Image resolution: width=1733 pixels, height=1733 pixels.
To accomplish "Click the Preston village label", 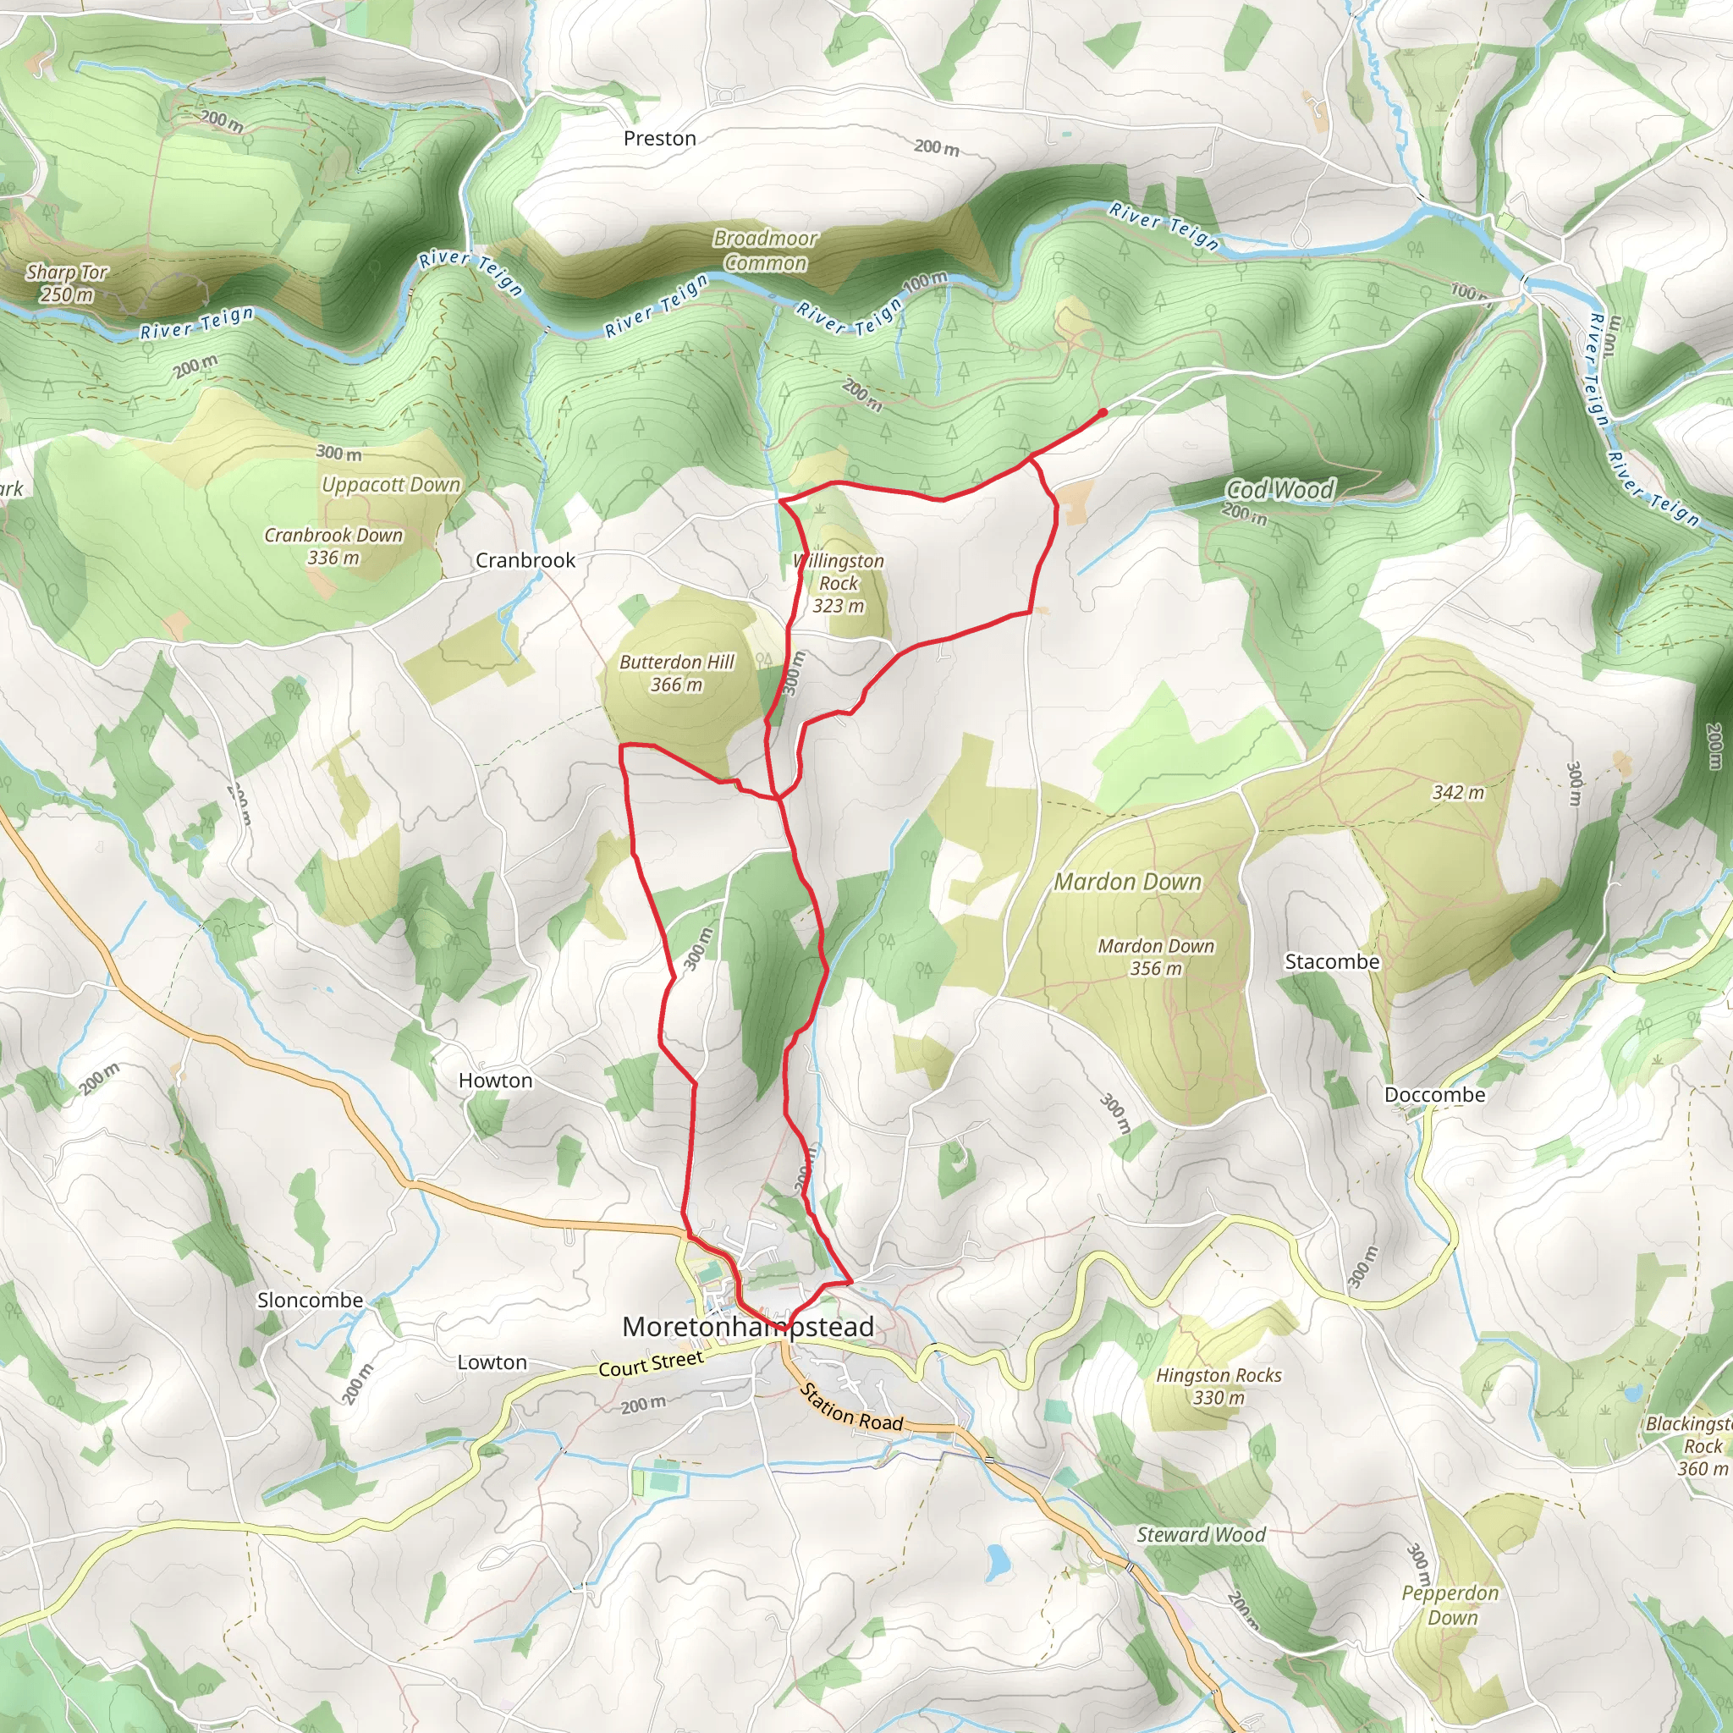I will click(659, 138).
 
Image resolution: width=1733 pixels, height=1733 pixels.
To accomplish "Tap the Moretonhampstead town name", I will click(747, 1327).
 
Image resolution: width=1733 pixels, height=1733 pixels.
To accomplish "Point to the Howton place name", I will click(495, 1080).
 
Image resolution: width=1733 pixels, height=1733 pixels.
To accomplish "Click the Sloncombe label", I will click(311, 1300).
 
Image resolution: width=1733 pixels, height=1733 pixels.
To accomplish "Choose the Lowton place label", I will click(492, 1362).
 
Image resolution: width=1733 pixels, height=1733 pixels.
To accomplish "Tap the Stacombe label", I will click(1331, 961).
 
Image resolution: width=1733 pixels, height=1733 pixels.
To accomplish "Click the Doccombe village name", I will click(1434, 1094).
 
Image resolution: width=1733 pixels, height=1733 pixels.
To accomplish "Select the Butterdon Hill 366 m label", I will click(676, 673).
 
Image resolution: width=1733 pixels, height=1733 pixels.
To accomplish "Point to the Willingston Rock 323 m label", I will click(839, 583).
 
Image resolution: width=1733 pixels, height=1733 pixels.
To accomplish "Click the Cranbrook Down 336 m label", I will click(333, 546).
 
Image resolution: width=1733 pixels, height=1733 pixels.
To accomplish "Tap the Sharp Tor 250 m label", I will click(66, 283).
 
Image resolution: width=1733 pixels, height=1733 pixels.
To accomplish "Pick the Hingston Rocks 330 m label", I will click(1219, 1386).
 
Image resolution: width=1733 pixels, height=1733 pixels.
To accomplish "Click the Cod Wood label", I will click(1280, 490).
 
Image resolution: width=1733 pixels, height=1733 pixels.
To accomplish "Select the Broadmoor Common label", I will click(765, 250).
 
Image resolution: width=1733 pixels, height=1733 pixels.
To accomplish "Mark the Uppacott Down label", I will click(391, 484).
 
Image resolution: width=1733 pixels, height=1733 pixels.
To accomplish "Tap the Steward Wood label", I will click(1200, 1535).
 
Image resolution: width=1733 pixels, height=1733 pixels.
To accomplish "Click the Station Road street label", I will click(850, 1406).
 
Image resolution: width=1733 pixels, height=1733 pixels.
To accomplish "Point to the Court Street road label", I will click(651, 1363).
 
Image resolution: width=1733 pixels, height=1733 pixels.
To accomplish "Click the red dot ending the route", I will click(1103, 413).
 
